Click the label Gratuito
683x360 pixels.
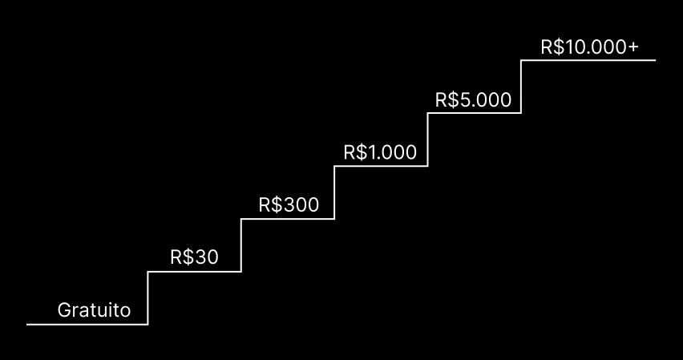94,310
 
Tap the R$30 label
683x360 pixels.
194,257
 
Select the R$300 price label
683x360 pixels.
289,204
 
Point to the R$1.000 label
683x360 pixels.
380,152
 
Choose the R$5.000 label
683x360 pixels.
473,100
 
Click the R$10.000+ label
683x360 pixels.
590,47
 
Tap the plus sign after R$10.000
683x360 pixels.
633,48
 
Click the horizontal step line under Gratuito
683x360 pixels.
87,325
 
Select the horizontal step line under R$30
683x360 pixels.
195,272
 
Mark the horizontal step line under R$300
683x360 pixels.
288,219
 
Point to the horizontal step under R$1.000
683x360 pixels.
381,166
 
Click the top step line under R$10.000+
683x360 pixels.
589,60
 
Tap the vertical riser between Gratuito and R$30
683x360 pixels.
148,298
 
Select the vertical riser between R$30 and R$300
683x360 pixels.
241,245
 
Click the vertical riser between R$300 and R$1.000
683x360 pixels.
334,192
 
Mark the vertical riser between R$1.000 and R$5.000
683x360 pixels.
427,140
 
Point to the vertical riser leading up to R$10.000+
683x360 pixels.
522,87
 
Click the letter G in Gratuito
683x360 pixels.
64,310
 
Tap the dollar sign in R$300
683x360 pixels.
277,204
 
